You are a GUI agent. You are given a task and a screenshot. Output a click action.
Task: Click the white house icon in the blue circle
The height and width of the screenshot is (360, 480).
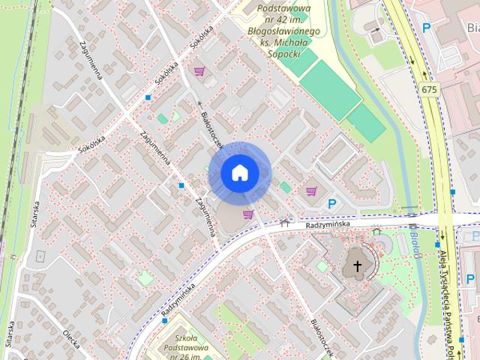(239, 172)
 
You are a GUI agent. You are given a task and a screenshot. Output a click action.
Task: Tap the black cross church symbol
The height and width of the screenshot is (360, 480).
(357, 266)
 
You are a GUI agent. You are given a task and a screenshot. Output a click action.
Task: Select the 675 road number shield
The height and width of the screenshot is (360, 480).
(428, 90)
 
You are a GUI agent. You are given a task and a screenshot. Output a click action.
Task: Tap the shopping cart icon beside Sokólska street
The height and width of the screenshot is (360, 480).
(199, 72)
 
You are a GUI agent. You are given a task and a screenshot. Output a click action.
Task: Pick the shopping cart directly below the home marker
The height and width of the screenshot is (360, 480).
(247, 214)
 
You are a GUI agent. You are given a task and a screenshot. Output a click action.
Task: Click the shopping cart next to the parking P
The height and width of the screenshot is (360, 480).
(311, 191)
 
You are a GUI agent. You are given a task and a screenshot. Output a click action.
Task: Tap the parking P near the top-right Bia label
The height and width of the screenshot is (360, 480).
(427, 28)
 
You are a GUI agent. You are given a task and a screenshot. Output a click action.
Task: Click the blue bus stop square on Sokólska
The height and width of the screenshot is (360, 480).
(148, 97)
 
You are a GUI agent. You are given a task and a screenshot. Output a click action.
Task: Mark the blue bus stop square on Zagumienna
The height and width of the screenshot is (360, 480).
(181, 185)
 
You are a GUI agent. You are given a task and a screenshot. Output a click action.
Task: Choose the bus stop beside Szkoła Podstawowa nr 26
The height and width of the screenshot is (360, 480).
(164, 321)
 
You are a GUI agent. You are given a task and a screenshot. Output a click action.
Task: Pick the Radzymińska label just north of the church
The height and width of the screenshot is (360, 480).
(334, 224)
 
